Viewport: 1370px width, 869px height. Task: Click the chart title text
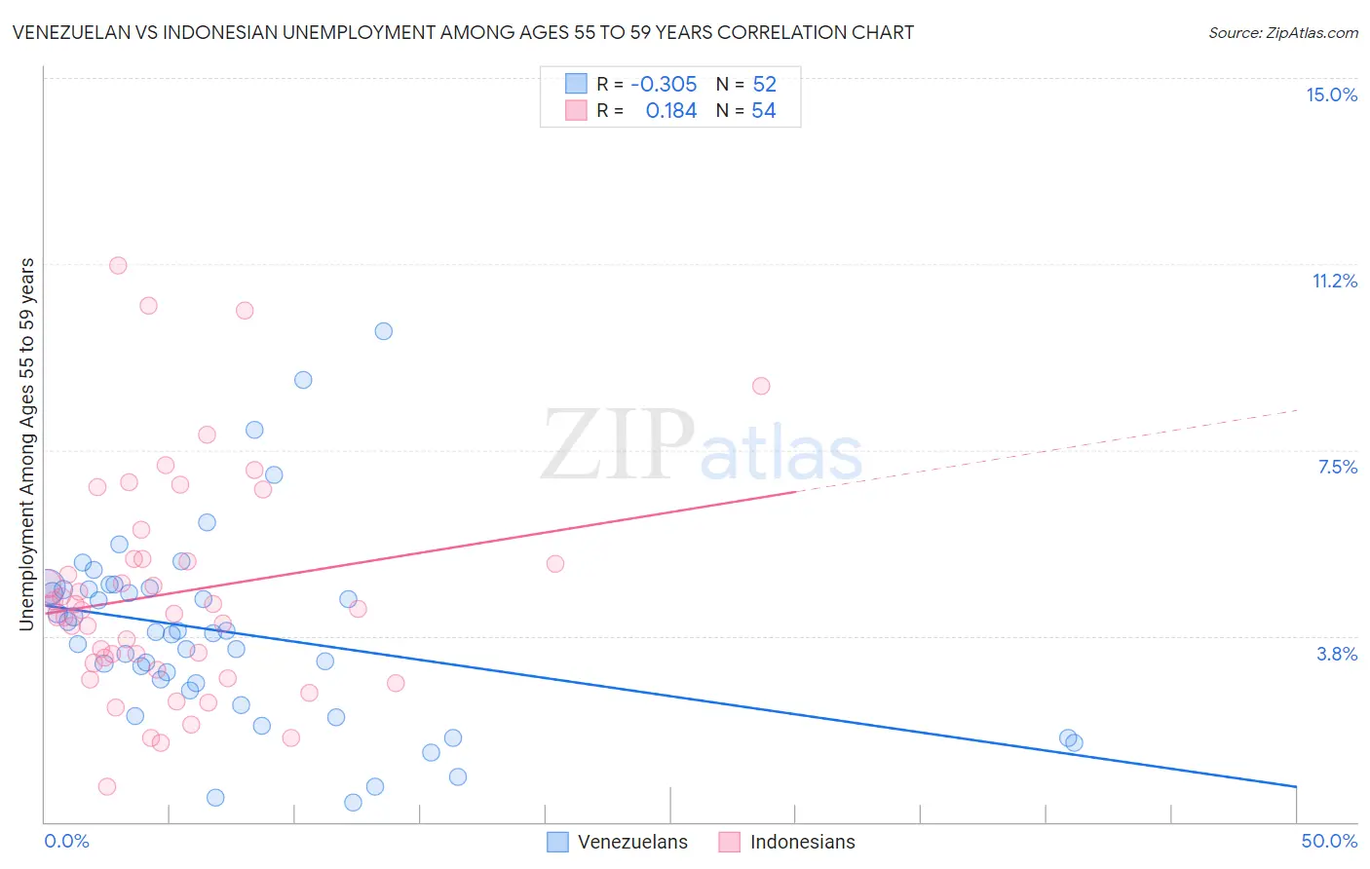point(463,32)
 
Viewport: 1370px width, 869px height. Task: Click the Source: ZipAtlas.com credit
point(1282,32)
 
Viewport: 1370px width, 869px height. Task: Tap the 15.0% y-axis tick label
point(1331,94)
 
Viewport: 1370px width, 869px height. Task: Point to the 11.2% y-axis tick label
point(1334,281)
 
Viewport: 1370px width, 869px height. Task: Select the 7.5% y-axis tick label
point(1337,467)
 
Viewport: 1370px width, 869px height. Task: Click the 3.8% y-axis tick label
point(1337,654)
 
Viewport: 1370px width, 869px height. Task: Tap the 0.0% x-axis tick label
point(67,841)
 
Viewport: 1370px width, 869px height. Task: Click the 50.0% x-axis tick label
point(1329,841)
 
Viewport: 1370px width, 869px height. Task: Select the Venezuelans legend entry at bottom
point(618,842)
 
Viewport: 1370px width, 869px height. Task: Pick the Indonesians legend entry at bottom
point(787,842)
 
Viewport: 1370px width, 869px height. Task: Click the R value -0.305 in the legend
point(664,84)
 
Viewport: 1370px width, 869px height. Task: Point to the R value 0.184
point(671,111)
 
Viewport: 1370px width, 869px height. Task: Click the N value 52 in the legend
point(764,84)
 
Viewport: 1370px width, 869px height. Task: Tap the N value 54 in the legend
point(764,111)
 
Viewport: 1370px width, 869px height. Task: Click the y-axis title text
point(26,443)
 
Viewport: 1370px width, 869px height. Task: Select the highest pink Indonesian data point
point(118,265)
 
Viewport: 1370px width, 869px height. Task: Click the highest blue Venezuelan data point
point(384,331)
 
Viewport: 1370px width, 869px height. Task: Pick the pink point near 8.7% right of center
point(761,386)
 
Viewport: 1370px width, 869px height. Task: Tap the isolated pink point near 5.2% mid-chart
point(555,563)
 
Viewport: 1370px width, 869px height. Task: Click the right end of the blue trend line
point(1296,785)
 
